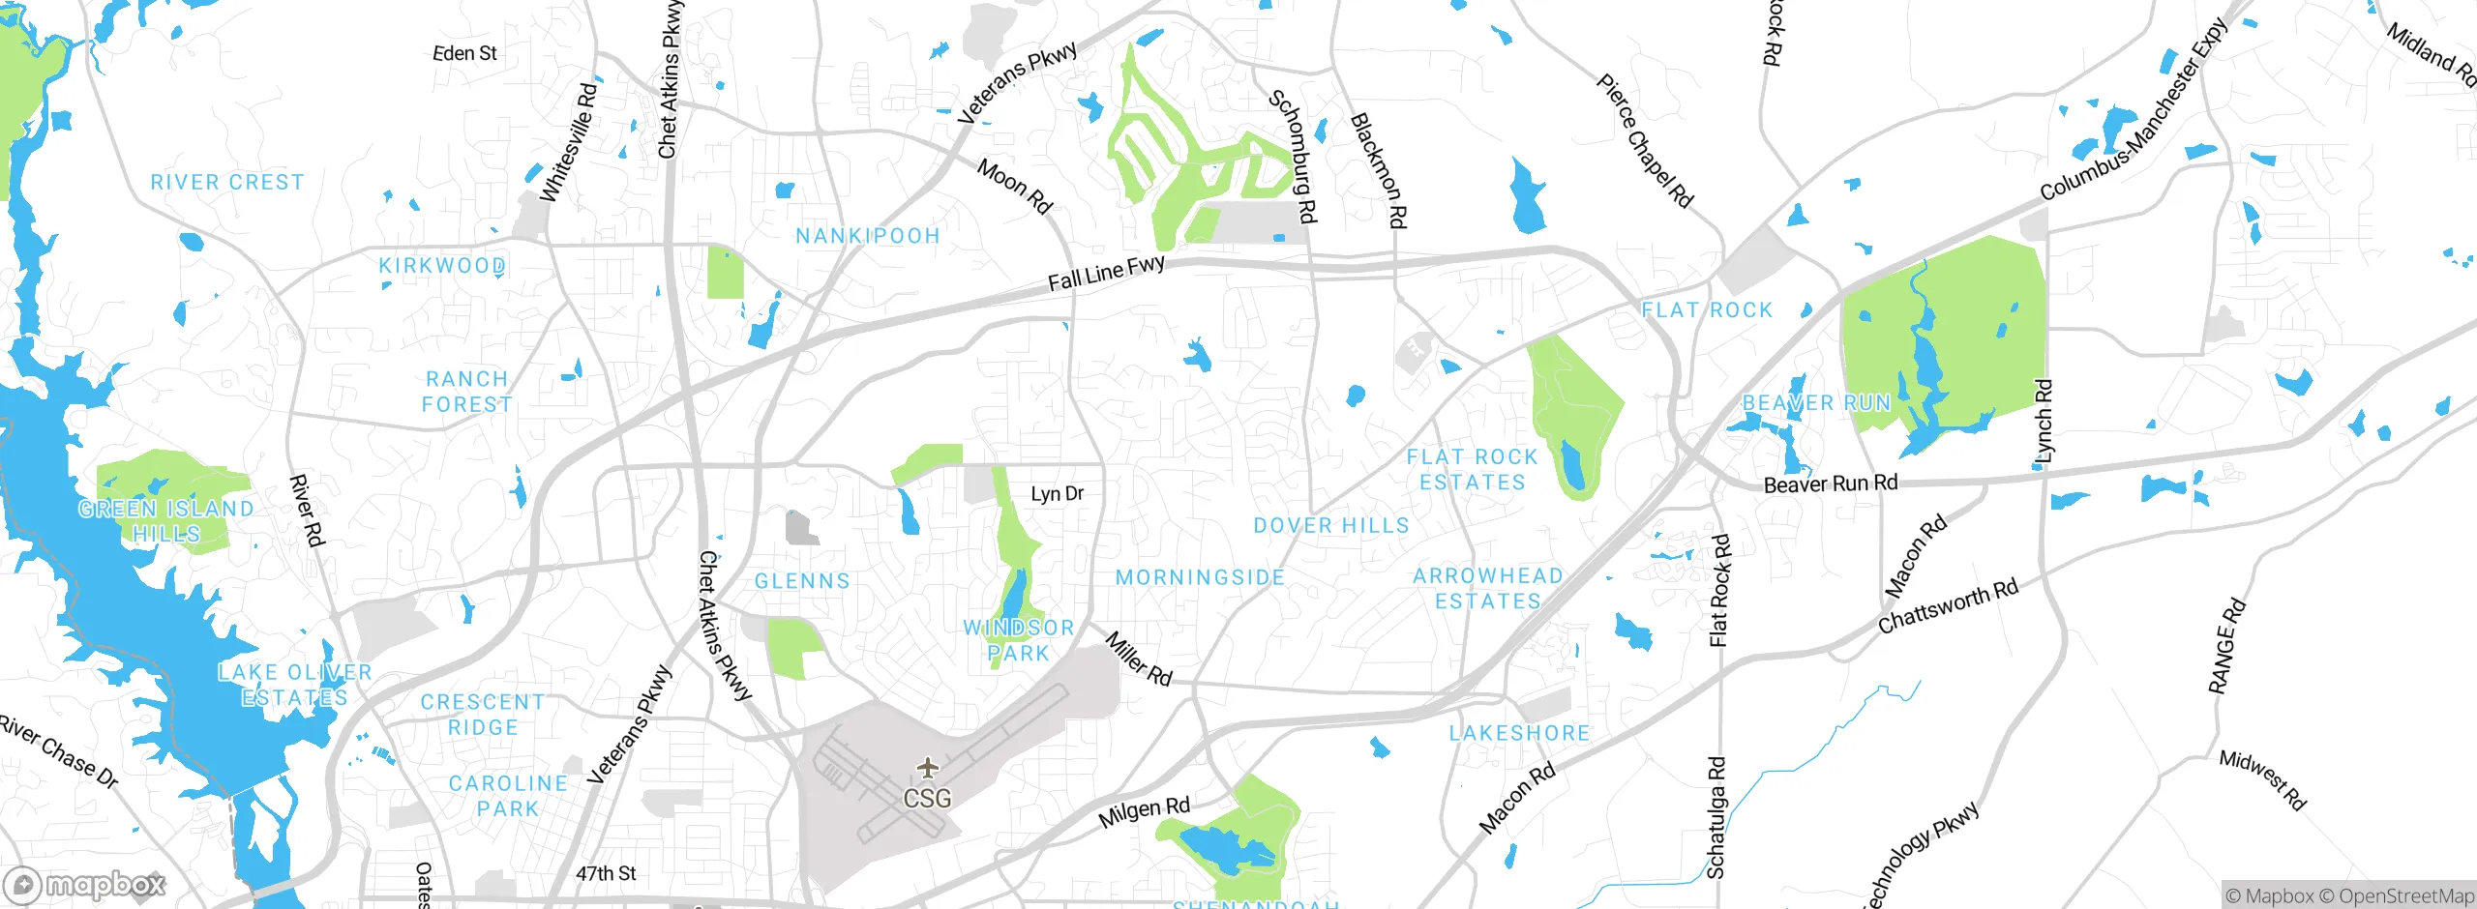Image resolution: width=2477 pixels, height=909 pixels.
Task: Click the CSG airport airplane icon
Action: (928, 769)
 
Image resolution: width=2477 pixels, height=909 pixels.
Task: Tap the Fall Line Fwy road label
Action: (1106, 273)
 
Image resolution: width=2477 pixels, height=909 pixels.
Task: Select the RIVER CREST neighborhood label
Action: (227, 182)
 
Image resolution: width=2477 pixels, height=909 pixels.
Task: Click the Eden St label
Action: (464, 53)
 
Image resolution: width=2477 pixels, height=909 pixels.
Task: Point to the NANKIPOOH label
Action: (867, 236)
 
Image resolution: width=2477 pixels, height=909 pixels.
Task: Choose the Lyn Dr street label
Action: (1057, 494)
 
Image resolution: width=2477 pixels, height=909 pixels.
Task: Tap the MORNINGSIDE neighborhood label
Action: (1200, 577)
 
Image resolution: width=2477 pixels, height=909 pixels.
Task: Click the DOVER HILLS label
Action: (1330, 525)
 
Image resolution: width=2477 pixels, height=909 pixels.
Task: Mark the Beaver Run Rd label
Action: (1830, 484)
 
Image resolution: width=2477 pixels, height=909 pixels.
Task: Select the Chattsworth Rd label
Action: (1948, 605)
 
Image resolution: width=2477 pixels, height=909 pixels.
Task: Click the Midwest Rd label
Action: (2262, 779)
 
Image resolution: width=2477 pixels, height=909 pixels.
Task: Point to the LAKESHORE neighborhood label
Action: (1519, 733)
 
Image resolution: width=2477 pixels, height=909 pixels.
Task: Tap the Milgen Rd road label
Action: (1144, 812)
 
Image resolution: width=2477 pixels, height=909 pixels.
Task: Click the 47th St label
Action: (606, 873)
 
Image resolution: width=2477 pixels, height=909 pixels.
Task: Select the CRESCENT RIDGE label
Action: (483, 715)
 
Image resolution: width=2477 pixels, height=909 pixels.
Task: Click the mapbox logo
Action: (84, 884)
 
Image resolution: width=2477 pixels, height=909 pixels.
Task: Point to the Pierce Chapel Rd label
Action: (1644, 141)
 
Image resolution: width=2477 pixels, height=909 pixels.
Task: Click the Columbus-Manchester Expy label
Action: (2134, 110)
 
